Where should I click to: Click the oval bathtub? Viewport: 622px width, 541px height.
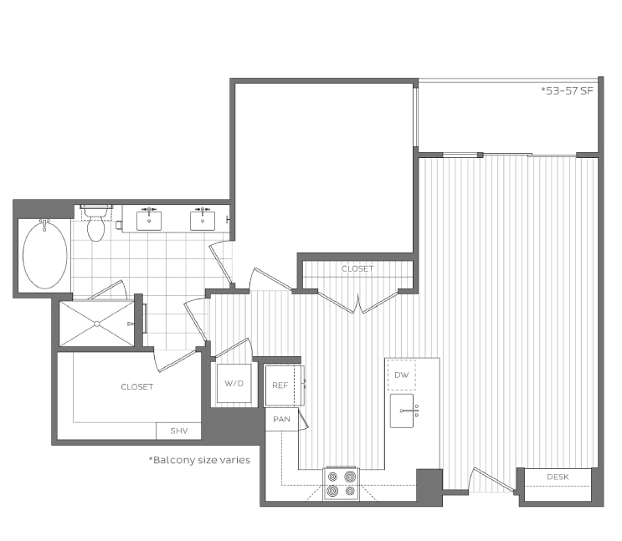[45, 254]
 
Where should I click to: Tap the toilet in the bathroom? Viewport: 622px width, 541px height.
[96, 224]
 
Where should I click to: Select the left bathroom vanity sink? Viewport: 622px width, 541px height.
[149, 219]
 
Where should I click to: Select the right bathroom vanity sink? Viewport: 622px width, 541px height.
[201, 219]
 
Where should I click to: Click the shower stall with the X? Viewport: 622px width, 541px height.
[97, 323]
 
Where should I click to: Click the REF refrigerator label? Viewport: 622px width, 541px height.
[280, 385]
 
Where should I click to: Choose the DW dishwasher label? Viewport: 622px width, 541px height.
[402, 375]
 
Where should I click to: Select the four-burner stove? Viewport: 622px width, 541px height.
[341, 483]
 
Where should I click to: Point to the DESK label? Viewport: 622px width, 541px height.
[558, 477]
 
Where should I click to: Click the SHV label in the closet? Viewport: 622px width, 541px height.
[178, 431]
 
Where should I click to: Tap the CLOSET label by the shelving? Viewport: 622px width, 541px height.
[137, 387]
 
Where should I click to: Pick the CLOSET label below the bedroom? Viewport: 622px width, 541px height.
[357, 269]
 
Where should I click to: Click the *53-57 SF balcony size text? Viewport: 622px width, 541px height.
[567, 90]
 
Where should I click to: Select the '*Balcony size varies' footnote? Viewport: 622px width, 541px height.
[199, 460]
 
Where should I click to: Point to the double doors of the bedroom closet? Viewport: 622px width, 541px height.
[358, 302]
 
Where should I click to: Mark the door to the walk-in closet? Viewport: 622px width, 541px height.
[174, 360]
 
